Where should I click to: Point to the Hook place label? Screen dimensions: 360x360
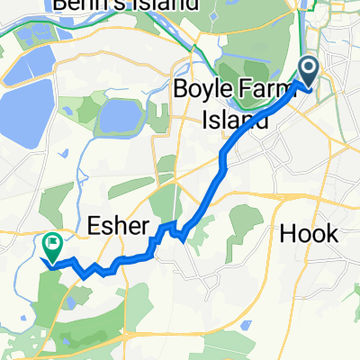[x=310, y=233]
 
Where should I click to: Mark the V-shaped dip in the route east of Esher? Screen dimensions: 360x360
[x=182, y=238]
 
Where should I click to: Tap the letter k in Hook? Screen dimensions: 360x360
[x=332, y=233]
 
